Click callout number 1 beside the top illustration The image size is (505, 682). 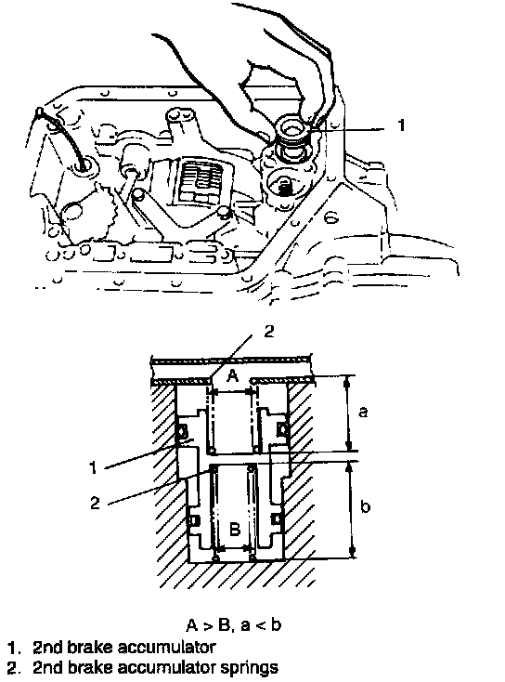coord(401,125)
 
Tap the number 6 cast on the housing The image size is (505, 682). coord(331,216)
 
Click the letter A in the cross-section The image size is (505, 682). coord(233,375)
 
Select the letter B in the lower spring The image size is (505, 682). coord(234,530)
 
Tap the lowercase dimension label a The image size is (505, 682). coord(363,411)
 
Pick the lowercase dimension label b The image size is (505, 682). coord(366,505)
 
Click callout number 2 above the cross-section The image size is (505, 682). coord(269,332)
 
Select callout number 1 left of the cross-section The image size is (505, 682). coord(92,468)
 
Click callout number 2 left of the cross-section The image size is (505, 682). coord(95,503)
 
